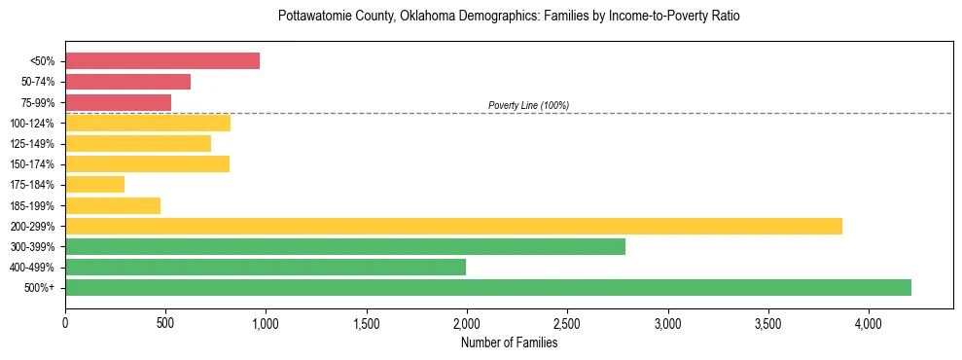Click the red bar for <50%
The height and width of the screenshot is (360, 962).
[x=162, y=61]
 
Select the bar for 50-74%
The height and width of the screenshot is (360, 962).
[x=127, y=82]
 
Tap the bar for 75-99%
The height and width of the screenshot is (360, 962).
[x=118, y=102]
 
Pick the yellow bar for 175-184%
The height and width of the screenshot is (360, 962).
[x=94, y=184]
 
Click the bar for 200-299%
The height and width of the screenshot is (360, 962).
[x=453, y=226]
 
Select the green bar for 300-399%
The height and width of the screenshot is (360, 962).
[x=345, y=246]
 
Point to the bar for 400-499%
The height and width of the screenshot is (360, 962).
[x=266, y=267]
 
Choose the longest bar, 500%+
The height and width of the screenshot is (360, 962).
[x=488, y=287]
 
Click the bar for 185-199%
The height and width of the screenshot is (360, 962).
[x=113, y=205]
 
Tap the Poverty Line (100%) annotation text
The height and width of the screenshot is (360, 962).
[x=528, y=105]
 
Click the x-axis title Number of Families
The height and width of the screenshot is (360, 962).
[x=509, y=342]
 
